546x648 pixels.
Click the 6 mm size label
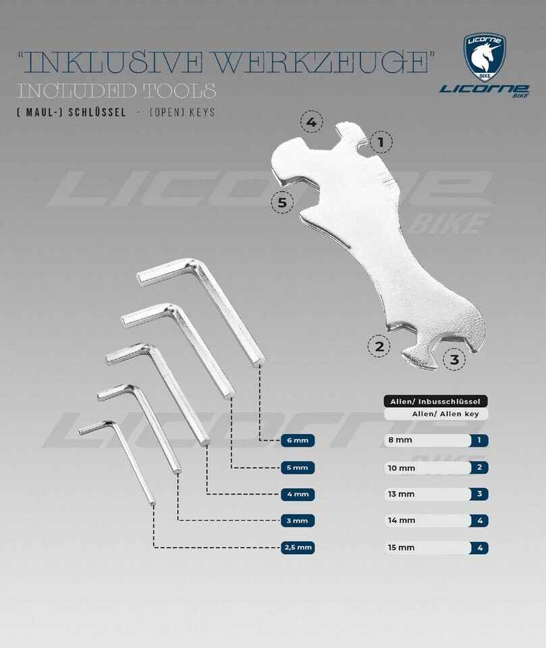298,441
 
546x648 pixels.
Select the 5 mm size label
298,468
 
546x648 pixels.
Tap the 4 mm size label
298,494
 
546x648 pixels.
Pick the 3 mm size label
298,520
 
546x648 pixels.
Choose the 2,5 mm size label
298,547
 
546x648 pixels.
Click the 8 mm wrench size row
436,440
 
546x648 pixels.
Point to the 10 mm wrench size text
402,468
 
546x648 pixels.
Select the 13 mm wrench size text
401,494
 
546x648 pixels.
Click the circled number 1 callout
381,142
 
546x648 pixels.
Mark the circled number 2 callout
379,346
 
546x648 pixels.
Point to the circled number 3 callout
454,359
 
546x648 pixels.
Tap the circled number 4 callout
312,122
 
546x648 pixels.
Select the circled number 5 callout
282,202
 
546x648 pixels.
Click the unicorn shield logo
485,58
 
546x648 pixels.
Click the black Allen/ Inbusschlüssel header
435,401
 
